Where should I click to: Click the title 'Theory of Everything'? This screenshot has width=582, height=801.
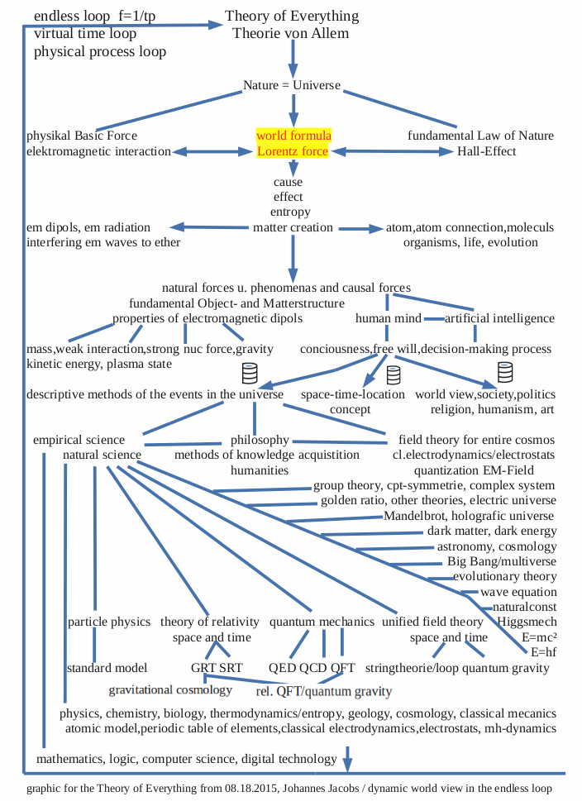(x=292, y=16)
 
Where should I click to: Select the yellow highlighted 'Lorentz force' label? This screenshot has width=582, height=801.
(x=293, y=151)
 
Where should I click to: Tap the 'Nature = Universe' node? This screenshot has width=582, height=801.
(x=292, y=85)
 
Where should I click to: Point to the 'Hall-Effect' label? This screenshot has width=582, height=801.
(x=487, y=151)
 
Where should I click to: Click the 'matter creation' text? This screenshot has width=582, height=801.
(x=293, y=227)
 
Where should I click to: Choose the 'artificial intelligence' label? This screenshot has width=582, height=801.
(x=499, y=318)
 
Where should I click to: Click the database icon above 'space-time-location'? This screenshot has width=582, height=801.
(x=394, y=374)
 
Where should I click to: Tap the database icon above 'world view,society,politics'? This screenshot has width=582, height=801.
(x=504, y=372)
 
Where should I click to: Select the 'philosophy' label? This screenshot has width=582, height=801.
(x=260, y=440)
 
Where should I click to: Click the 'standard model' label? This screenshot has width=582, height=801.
(x=107, y=667)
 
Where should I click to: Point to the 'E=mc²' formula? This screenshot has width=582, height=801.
(x=539, y=637)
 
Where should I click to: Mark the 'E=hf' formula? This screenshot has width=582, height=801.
(x=540, y=653)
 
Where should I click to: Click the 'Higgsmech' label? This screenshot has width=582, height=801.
(x=527, y=622)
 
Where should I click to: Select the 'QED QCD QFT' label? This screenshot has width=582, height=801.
(x=312, y=667)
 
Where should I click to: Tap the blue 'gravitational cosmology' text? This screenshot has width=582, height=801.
(x=170, y=689)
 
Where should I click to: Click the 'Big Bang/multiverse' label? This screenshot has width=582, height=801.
(x=502, y=561)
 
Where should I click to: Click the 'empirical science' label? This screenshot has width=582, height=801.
(x=79, y=440)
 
